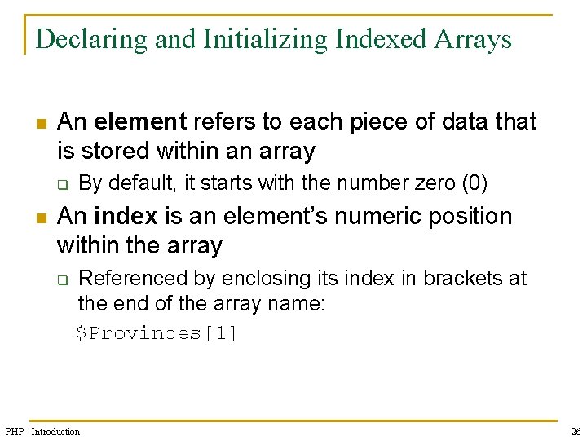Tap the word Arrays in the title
pos(474,39)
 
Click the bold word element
pos(141,122)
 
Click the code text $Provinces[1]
pos(157,333)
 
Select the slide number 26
pos(575,431)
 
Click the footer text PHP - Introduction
pos(42,431)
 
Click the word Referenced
pos(133,279)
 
